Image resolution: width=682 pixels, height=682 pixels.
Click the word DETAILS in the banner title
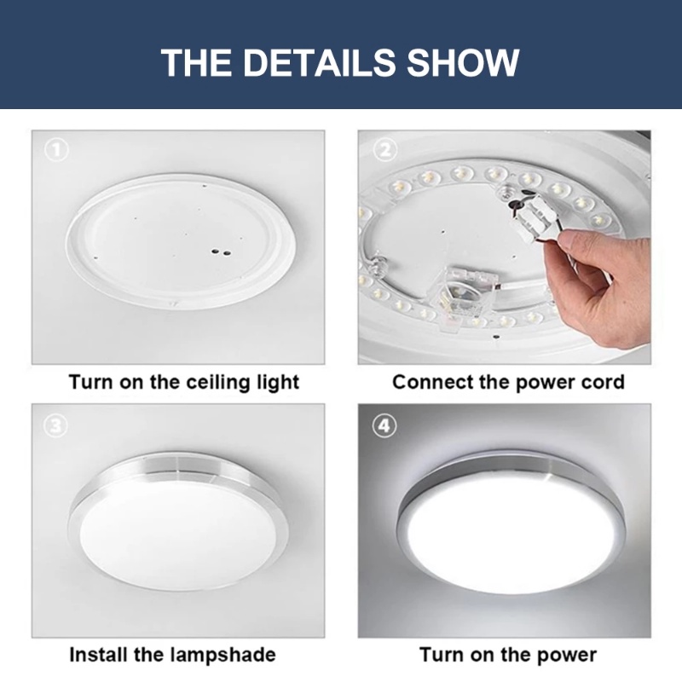[x=319, y=62]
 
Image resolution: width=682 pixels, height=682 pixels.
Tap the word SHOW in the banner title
[x=463, y=62]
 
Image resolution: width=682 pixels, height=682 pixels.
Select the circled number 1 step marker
[x=57, y=151]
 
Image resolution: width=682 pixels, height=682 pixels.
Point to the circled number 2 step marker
[x=385, y=150]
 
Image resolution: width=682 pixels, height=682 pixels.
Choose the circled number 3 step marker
[x=56, y=425]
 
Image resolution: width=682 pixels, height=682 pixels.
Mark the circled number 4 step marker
[x=384, y=425]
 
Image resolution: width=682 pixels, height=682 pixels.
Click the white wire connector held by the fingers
[x=533, y=217]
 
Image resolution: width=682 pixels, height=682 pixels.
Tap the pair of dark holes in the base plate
[x=221, y=252]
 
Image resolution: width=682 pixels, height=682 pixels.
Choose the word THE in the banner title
[x=197, y=62]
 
